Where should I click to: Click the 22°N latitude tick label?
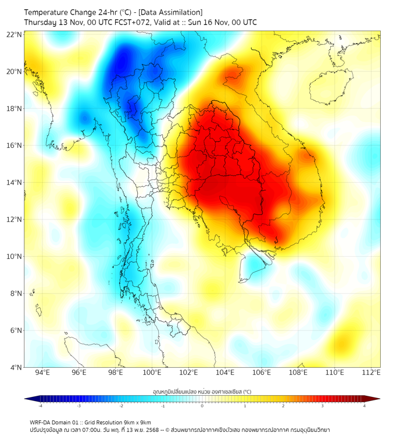15,34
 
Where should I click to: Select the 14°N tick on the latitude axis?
15,182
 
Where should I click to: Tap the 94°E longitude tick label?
42,372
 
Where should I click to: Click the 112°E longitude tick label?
371,372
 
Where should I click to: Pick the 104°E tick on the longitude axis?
226,372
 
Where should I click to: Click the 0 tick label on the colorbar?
202,406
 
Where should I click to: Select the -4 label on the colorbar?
40,406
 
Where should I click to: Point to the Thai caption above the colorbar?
202,392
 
